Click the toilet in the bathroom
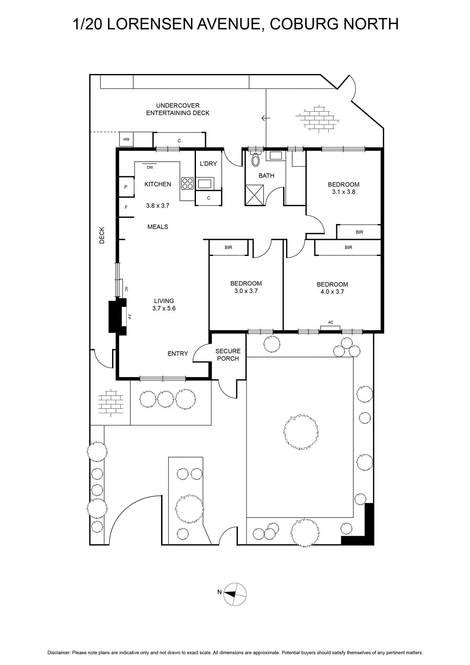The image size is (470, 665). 255,159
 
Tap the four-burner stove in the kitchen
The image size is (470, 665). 187,183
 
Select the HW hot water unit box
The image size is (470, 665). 126,139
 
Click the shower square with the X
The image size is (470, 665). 255,195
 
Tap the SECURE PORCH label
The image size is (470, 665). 228,355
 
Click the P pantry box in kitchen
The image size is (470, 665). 126,187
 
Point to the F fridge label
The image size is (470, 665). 126,207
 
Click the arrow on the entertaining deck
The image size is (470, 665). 266,118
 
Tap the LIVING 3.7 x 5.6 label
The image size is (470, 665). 164,305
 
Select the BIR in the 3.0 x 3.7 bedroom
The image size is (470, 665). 228,247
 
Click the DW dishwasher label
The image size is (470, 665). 150,167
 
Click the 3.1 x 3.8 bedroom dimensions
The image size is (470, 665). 344,192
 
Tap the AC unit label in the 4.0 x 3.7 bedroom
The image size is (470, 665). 330,322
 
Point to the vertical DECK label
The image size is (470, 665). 102,235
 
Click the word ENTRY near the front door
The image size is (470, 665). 178,353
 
